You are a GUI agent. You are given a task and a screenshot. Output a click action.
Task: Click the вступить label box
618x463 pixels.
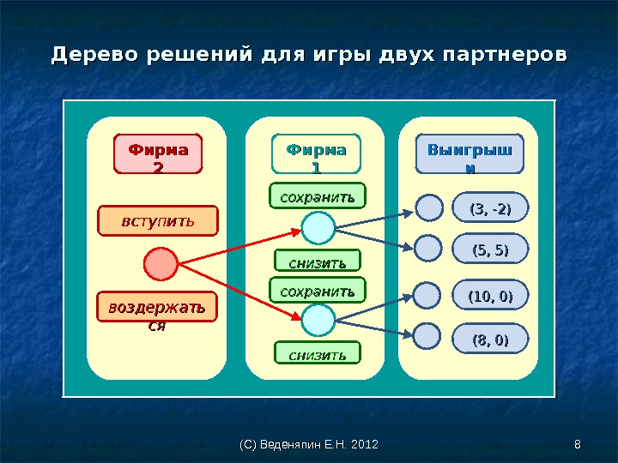coord(158,220)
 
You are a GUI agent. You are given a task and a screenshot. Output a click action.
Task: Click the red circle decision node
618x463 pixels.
coord(160,264)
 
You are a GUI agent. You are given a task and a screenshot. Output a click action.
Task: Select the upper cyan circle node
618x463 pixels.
coord(318,228)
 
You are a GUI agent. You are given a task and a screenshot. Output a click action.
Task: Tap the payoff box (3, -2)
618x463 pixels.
coord(490,208)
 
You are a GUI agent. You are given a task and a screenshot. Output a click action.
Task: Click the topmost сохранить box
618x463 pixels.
coord(318,195)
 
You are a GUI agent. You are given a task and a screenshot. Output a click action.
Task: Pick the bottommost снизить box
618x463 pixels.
coord(318,352)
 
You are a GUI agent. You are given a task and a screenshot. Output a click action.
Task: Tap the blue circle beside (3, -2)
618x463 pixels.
coord(429,207)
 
